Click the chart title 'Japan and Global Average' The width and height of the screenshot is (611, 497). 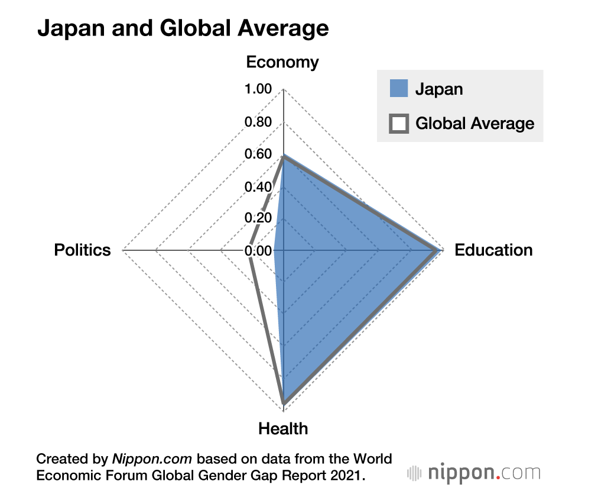[183, 28]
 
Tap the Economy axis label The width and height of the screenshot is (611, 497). [282, 63]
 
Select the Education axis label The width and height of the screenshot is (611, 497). [493, 250]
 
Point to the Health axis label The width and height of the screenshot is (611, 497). [283, 428]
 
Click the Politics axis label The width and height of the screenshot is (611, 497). [82, 250]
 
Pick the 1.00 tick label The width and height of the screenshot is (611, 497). [258, 89]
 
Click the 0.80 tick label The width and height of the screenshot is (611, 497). [258, 122]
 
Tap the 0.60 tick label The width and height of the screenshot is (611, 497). [258, 154]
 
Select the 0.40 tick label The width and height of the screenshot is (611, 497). [258, 187]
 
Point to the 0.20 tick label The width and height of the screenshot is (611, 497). [258, 218]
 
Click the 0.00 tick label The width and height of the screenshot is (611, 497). [258, 251]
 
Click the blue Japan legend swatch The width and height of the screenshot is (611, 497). [399, 89]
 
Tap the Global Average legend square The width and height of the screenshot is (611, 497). [399, 123]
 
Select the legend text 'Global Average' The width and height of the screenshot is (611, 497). [475, 123]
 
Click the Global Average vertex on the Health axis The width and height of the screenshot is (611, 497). [284, 404]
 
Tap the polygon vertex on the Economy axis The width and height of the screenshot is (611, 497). [284, 156]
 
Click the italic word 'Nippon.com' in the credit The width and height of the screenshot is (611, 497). [153, 459]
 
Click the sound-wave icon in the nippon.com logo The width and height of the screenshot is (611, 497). [415, 473]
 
